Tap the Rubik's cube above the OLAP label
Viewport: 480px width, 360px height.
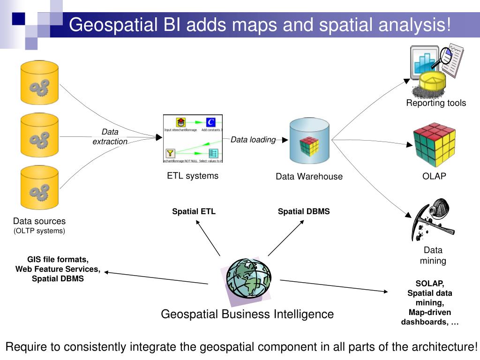coord(434,145)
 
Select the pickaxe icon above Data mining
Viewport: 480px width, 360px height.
coord(433,220)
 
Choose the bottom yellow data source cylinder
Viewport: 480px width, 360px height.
coord(39,188)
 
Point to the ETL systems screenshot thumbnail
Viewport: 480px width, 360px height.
coord(193,139)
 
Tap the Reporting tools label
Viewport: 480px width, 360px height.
coord(436,103)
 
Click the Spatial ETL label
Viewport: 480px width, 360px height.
coord(194,211)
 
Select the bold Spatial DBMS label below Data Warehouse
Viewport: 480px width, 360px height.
coord(304,211)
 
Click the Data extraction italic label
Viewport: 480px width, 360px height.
coord(110,137)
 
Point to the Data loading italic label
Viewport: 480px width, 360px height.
coord(253,140)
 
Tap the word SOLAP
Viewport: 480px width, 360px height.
coord(429,284)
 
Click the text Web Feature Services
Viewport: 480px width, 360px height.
coord(58,269)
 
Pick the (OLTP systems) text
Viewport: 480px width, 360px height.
coord(39,231)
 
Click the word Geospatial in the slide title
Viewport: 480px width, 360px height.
coord(113,24)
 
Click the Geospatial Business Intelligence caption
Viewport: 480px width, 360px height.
coord(247,314)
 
